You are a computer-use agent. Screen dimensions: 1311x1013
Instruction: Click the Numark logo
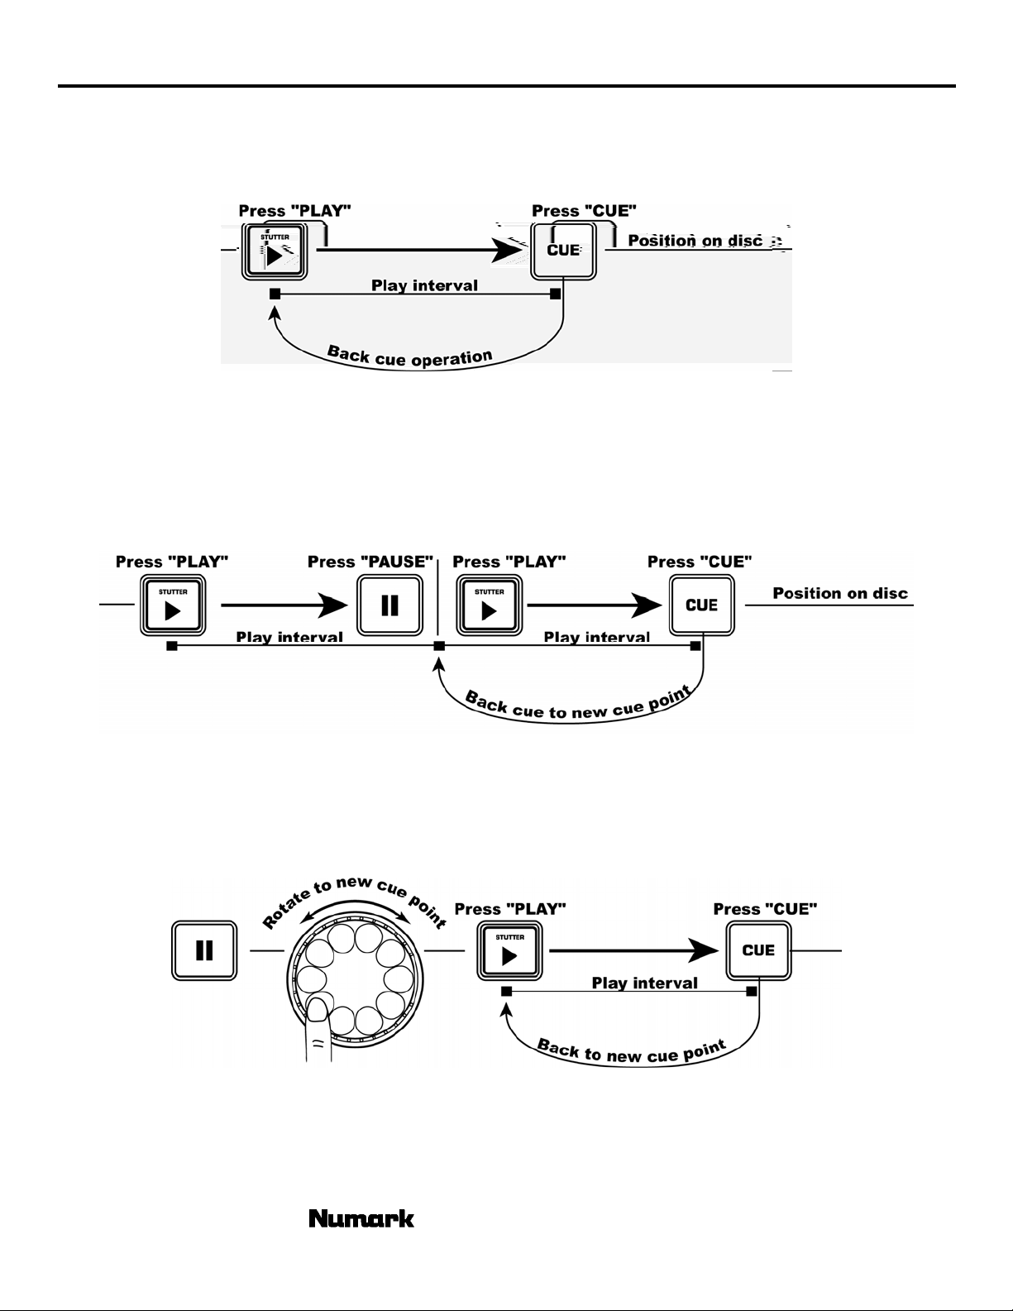(x=361, y=1219)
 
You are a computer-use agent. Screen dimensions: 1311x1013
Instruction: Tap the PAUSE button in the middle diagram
(x=389, y=605)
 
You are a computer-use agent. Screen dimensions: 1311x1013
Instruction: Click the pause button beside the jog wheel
(x=204, y=951)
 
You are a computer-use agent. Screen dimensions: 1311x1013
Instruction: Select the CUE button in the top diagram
(x=563, y=250)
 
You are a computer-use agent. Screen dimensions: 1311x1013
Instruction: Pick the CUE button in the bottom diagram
(x=758, y=950)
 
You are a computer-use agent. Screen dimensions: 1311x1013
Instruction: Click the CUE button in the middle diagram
(x=701, y=605)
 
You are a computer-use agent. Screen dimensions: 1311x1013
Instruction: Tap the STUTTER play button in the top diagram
(x=275, y=250)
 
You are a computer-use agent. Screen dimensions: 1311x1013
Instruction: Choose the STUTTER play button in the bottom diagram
(x=509, y=951)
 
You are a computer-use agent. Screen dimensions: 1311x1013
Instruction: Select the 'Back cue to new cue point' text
(x=577, y=706)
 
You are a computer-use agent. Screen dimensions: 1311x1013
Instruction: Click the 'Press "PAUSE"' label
(x=370, y=562)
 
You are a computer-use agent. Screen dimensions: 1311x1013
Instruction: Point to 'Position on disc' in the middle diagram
(x=840, y=593)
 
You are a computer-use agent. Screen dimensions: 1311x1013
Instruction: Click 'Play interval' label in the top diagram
(x=424, y=285)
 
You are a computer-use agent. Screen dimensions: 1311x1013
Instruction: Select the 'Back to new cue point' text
(x=632, y=1052)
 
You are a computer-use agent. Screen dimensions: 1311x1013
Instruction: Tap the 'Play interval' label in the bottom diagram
(x=644, y=983)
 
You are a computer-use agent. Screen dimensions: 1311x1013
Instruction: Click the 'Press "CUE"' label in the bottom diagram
(x=765, y=909)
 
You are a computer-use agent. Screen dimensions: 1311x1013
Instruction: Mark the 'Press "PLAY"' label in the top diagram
(x=294, y=211)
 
